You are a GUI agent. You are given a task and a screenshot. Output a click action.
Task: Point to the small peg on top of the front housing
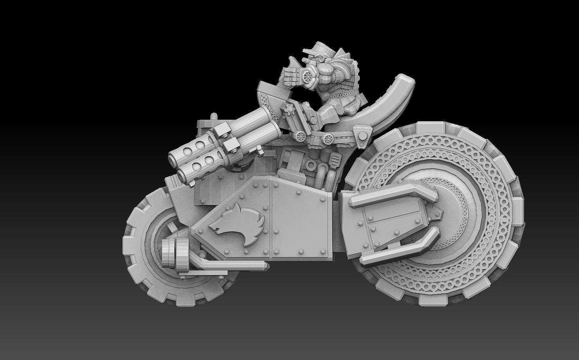[213, 117]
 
